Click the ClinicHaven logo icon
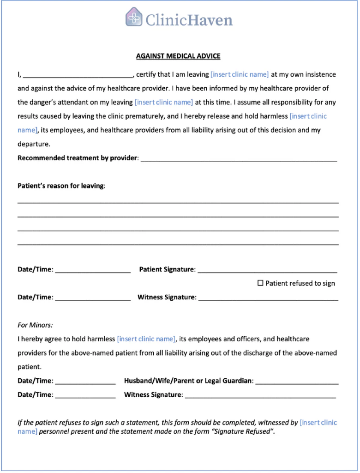pyautogui.click(x=134, y=18)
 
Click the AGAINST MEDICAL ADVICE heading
pyautogui.click(x=178, y=56)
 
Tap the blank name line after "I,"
pyautogui.click(x=78, y=75)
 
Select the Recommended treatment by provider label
pyautogui.click(x=78, y=158)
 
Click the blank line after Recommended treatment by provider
pyautogui.click(x=239, y=158)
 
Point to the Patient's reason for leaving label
pyautogui.click(x=61, y=186)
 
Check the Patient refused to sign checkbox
pyautogui.click(x=260, y=283)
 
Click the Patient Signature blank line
pyautogui.click(x=267, y=270)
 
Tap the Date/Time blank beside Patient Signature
pyautogui.click(x=93, y=270)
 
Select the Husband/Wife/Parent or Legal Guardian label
pyautogui.click(x=188, y=381)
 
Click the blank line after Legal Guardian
pyautogui.click(x=297, y=382)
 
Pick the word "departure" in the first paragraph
pyautogui.click(x=34, y=144)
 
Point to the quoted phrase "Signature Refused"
pyautogui.click(x=247, y=432)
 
